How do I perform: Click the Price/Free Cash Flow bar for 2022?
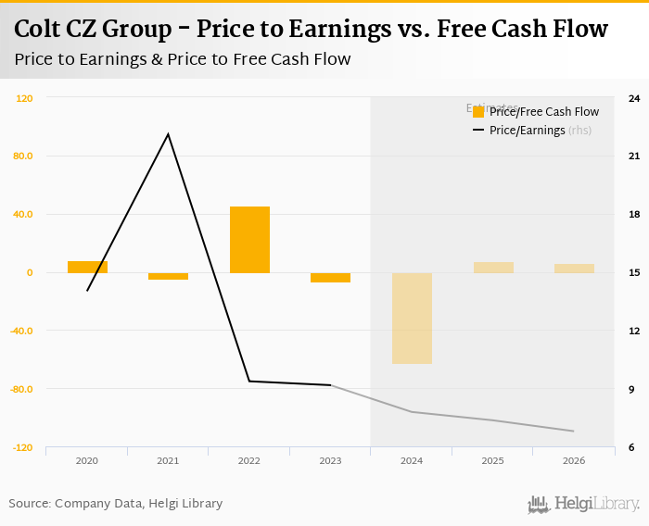click(x=249, y=240)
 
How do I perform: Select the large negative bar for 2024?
click(x=412, y=318)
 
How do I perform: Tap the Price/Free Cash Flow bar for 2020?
click(x=87, y=267)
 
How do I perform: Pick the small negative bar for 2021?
click(x=168, y=276)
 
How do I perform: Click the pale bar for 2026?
click(x=574, y=269)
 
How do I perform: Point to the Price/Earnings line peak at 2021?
click(x=168, y=134)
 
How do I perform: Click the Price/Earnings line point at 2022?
click(x=249, y=381)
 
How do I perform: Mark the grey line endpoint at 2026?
click(x=574, y=431)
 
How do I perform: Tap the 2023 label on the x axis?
click(x=330, y=460)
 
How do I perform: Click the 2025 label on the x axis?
click(x=492, y=460)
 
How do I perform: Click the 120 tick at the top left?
click(x=24, y=98)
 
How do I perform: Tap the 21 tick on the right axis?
click(x=633, y=156)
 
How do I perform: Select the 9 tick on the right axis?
click(x=631, y=389)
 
